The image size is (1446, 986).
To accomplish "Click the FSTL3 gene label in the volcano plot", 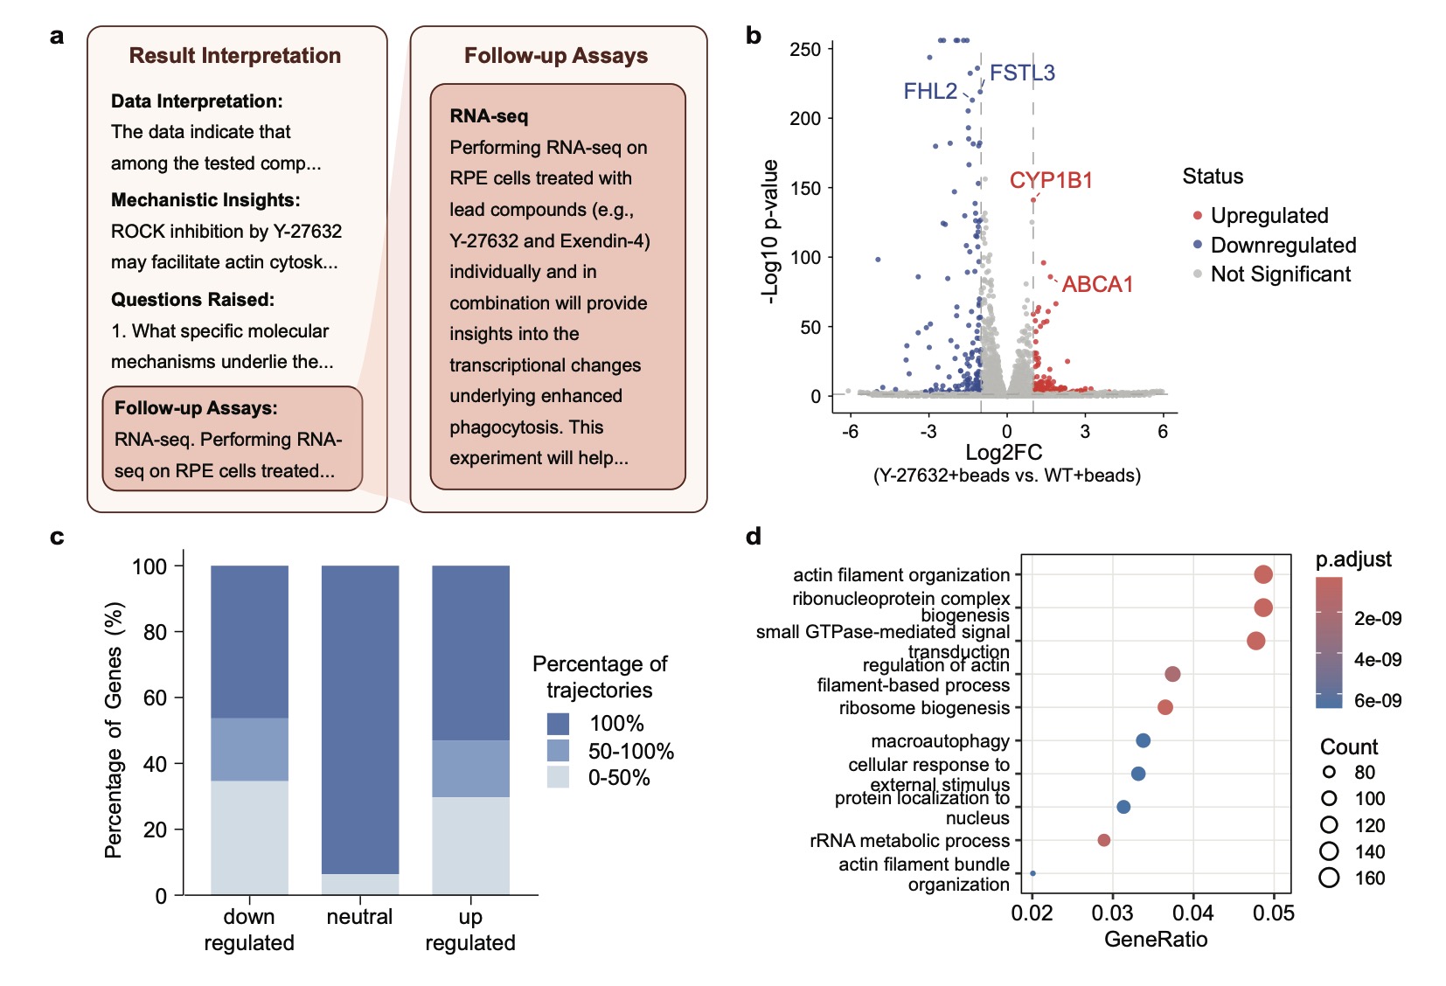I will (x=1022, y=73).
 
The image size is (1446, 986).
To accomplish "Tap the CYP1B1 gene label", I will (x=1051, y=180).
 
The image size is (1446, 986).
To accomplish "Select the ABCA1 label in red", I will (x=1097, y=284).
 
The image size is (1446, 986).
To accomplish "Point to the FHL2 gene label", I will (x=929, y=91).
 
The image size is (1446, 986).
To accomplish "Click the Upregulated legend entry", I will (x=1269, y=216).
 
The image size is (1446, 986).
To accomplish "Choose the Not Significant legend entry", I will (x=1280, y=274).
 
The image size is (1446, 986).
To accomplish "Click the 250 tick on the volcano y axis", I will (x=805, y=50).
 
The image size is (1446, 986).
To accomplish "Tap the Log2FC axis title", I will (x=1004, y=453).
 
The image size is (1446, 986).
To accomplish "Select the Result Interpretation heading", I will (x=234, y=56).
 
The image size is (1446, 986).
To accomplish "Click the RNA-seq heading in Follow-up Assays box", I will (x=489, y=116).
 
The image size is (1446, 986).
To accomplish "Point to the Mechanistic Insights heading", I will (x=205, y=200).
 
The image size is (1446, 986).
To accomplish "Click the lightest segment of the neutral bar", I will (x=360, y=884).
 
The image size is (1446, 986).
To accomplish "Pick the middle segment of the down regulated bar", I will (x=249, y=749).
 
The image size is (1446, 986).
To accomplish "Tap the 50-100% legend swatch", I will (x=558, y=751).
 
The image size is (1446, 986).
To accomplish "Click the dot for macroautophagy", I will (x=1143, y=740).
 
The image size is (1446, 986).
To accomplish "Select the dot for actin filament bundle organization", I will (x=1032, y=873).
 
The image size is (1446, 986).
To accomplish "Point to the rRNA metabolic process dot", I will (x=1103, y=840).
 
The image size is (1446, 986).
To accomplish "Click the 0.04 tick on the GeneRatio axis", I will (x=1192, y=913).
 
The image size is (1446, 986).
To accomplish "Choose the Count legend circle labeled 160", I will (x=1329, y=878).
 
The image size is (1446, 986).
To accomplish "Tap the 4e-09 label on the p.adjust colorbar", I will (x=1377, y=660).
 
